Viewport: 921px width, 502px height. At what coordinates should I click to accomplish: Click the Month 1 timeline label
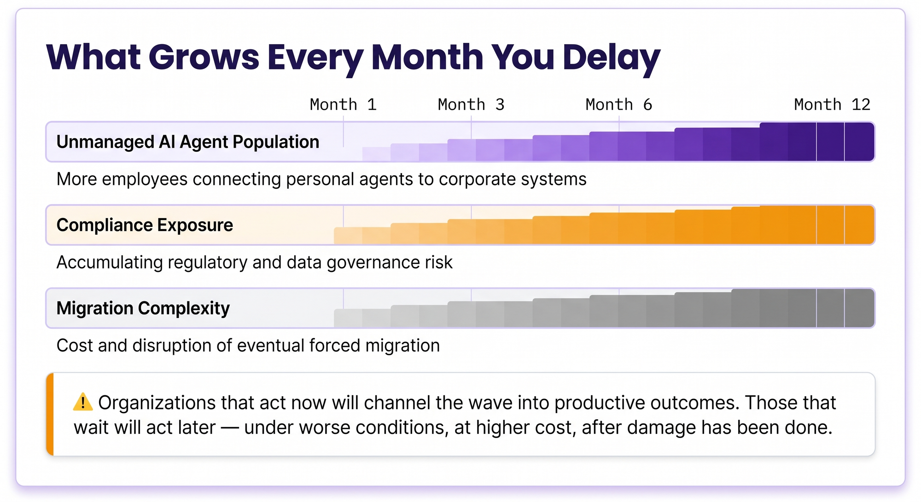(x=344, y=104)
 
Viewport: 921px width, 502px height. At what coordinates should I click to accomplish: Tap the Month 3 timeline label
(x=471, y=104)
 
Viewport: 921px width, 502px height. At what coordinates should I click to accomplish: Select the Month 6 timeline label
(x=619, y=104)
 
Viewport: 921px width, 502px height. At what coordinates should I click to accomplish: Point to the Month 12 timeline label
(x=832, y=104)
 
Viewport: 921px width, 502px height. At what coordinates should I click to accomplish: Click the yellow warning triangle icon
(x=83, y=402)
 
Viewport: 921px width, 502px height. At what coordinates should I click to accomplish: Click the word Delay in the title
(x=612, y=58)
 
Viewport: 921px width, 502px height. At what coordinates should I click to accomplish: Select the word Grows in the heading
(x=204, y=58)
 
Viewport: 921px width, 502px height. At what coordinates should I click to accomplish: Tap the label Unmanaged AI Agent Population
(x=188, y=142)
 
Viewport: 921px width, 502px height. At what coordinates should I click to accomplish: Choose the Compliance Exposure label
(x=145, y=225)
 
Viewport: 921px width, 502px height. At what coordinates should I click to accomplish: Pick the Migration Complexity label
(x=143, y=308)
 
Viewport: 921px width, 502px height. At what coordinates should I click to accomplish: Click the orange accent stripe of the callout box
(x=50, y=414)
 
